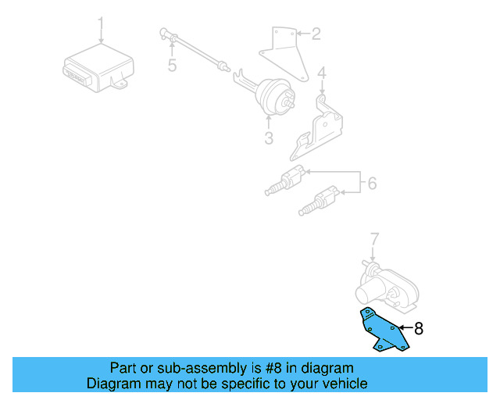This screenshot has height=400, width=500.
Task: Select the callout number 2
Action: tap(316, 34)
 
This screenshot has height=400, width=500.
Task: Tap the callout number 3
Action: tap(268, 138)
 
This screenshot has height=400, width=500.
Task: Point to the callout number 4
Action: tap(321, 74)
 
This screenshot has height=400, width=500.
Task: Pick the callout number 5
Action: tap(172, 66)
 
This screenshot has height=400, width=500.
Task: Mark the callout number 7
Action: tap(373, 238)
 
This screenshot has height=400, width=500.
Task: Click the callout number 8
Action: tap(418, 329)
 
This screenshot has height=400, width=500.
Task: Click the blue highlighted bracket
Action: tap(383, 330)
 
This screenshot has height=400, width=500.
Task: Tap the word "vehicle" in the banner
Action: tap(342, 384)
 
